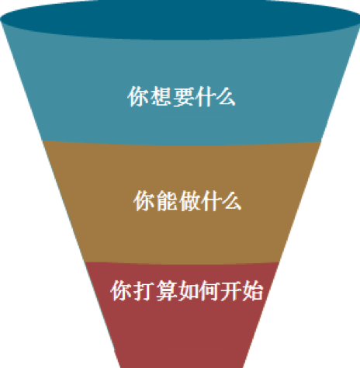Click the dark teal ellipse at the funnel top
point(180,19)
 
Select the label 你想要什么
point(182,96)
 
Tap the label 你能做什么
point(188,201)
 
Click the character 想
point(160,96)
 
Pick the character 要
point(182,96)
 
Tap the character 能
point(166,201)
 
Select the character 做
point(188,201)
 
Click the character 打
point(143,291)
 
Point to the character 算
point(165,291)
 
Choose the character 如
point(187,291)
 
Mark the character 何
point(209,291)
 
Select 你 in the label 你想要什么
point(138,96)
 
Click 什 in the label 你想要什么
point(204,96)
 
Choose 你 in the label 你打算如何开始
point(121,291)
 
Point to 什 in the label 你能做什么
point(209,201)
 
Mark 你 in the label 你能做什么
point(144,201)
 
